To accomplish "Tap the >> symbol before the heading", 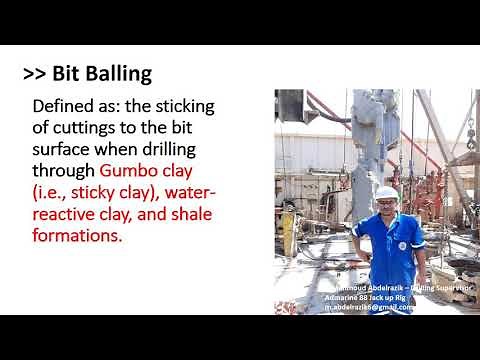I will point(38,74).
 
